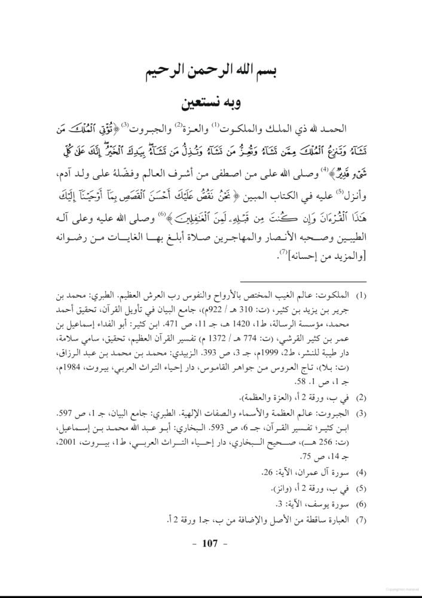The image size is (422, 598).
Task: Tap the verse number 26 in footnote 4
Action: [x=267, y=472]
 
